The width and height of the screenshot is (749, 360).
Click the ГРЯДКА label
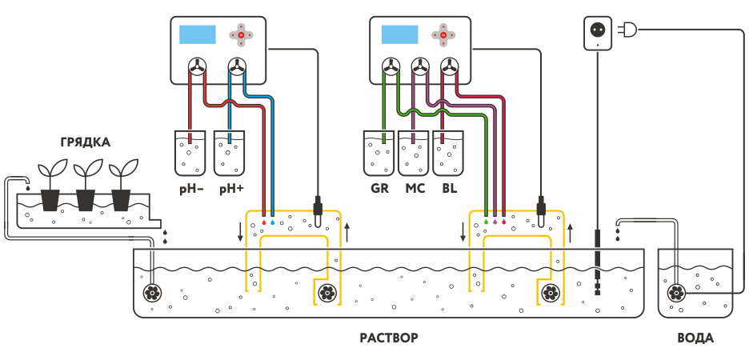point(85,142)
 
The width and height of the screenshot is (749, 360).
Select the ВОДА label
point(695,338)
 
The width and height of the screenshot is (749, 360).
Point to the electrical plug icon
point(629,30)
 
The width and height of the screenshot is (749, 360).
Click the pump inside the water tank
point(675,293)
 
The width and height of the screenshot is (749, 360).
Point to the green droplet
point(486,214)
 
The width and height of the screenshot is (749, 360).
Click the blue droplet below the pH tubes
point(273,214)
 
